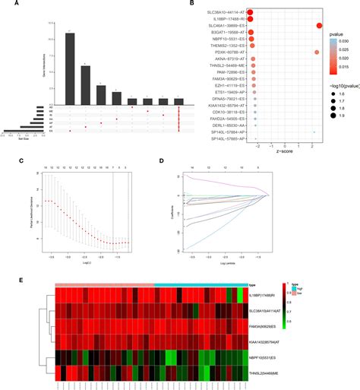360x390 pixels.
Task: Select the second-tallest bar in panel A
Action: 85,81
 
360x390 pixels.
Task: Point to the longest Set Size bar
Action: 19,132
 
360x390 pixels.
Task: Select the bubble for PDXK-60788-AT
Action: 317,52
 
